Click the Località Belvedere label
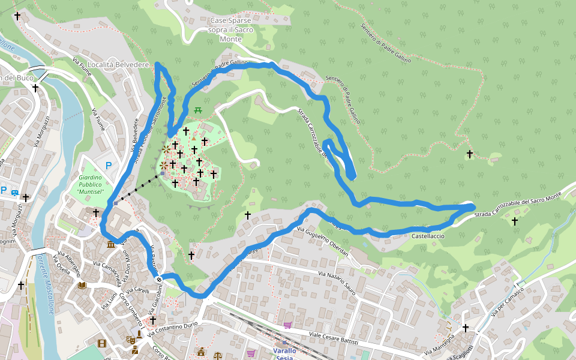(118, 64)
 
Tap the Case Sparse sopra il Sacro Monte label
(230, 29)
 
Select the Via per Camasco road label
(507, 301)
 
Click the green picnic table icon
(197, 109)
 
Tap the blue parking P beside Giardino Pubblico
(109, 166)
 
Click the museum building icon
(111, 245)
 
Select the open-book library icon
(82, 285)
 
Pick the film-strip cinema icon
(101, 343)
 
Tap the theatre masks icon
(130, 340)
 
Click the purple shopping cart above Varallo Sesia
(287, 325)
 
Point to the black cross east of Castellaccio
(514, 221)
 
